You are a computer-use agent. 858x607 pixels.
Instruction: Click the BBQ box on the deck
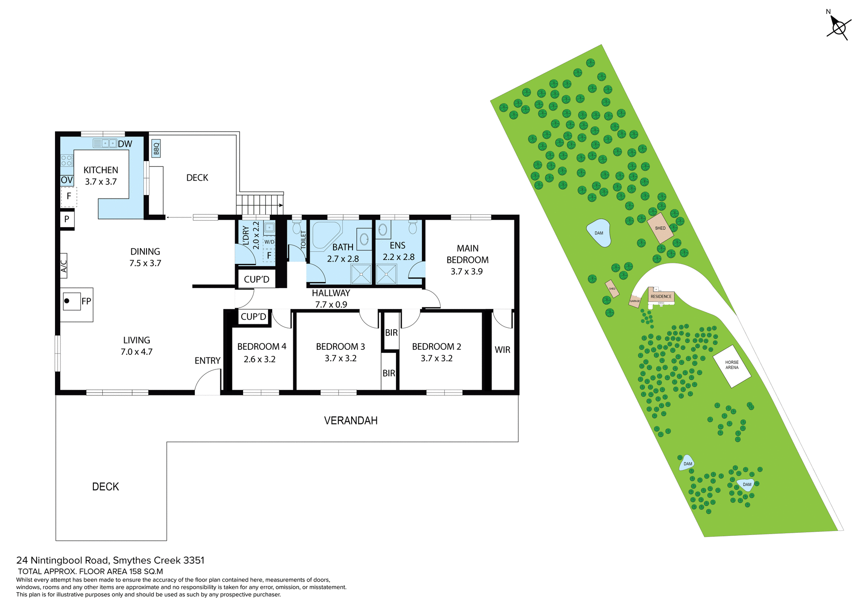pos(156,148)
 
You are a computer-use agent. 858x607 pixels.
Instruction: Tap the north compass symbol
pos(839,28)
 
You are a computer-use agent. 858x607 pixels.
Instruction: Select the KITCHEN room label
pos(101,170)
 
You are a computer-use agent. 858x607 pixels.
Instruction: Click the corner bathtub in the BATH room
pos(325,235)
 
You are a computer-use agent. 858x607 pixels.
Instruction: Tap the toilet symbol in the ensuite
pos(412,228)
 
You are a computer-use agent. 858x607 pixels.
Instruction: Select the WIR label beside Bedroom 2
pos(502,350)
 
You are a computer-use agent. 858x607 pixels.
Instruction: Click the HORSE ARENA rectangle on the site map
pos(732,365)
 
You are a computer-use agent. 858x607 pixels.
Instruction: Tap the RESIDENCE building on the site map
pos(661,296)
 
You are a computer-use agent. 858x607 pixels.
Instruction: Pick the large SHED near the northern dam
pos(660,228)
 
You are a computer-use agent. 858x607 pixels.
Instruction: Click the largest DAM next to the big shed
pos(599,233)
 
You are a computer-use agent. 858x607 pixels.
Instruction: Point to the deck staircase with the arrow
pos(260,205)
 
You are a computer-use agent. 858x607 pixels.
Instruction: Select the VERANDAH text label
pos(350,420)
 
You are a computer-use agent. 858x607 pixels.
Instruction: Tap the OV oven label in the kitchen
pos(67,180)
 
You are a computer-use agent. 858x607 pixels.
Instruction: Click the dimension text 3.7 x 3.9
pos(467,272)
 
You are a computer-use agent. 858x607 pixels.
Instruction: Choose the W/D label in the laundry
pos(269,242)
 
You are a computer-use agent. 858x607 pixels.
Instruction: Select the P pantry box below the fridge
pos(67,219)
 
